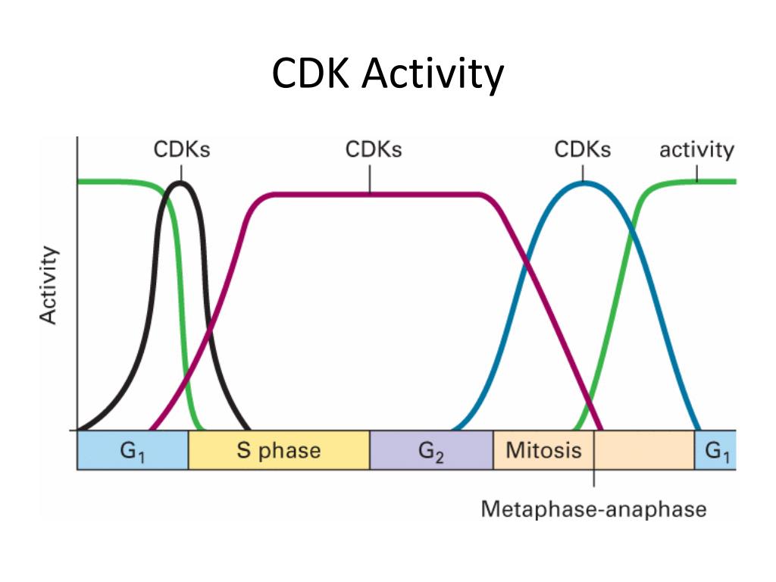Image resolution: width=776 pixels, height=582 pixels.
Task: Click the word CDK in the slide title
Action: [311, 75]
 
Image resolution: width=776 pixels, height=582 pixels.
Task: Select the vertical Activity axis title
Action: [48, 286]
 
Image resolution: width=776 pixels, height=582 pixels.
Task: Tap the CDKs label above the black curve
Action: [182, 149]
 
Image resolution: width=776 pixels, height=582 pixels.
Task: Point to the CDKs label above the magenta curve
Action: [374, 149]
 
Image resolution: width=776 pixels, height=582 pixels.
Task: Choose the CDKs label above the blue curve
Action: [582, 149]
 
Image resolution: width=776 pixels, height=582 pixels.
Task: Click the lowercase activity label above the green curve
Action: [696, 149]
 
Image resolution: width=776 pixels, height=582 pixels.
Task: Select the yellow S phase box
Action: [278, 451]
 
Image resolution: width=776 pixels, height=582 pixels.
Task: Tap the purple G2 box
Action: [430, 451]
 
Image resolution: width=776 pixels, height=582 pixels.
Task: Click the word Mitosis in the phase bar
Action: [543, 450]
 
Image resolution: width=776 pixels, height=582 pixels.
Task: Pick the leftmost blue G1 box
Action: [133, 451]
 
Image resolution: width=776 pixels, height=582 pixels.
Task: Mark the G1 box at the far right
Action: [716, 451]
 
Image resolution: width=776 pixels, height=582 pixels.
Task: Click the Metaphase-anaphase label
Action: [593, 508]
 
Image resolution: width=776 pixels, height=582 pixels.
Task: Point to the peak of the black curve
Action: [180, 183]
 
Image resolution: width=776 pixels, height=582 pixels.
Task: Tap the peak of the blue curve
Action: [584, 183]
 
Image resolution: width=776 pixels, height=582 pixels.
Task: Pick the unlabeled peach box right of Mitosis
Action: [644, 451]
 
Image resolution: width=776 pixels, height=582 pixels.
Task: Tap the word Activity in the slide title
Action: [433, 75]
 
